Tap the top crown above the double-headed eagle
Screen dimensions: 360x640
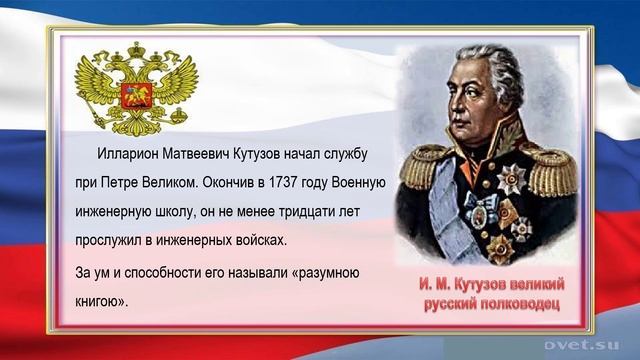132,49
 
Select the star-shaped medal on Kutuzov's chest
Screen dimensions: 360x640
511,179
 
